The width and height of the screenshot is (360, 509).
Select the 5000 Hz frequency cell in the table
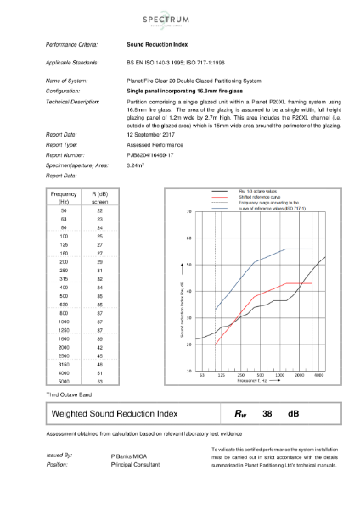65,383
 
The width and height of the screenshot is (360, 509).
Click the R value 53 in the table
99,383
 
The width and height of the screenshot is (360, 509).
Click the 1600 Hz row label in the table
65,339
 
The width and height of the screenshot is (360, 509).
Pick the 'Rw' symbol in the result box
239,413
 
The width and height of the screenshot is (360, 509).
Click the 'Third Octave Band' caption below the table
70,395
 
